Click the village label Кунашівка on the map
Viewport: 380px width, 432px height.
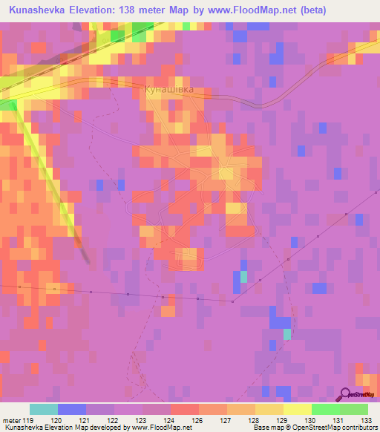click(167, 89)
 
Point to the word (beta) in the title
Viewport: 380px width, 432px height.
click(327, 10)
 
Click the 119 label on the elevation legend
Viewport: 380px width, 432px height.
click(29, 419)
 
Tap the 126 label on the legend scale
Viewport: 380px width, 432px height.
click(199, 419)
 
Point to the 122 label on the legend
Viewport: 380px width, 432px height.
click(114, 419)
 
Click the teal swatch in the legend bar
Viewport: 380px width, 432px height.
click(44, 409)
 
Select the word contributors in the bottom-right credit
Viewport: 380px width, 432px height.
click(361, 428)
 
